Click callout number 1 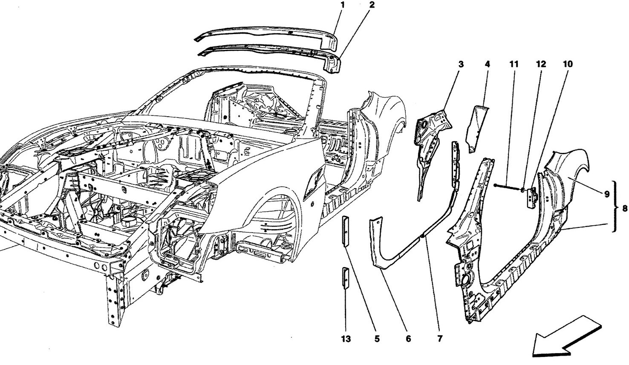(343, 5)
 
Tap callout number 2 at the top (372, 5)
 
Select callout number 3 (461, 64)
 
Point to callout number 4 (488, 64)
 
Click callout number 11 (514, 64)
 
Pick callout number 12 (541, 64)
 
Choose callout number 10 (568, 64)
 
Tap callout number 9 (607, 194)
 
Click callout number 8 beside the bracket (625, 208)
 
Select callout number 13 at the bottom (346, 339)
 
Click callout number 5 (377, 339)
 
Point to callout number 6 (408, 339)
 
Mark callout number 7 (440, 339)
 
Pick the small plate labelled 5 (345, 231)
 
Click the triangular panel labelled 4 (476, 129)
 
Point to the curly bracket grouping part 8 (616, 207)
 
